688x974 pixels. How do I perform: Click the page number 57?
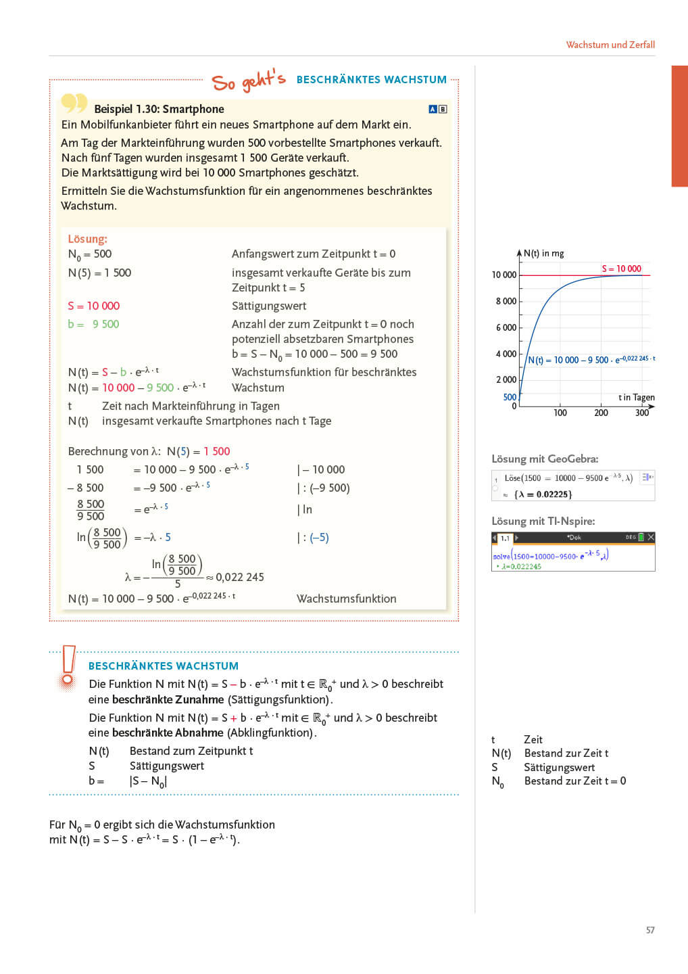tap(650, 930)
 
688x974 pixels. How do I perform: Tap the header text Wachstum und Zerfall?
tap(610, 45)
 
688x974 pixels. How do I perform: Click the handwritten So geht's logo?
tap(248, 81)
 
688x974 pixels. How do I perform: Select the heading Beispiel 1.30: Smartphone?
tap(159, 109)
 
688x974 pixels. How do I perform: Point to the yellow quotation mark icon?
tap(74, 103)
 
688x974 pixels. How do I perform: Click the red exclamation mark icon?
tap(68, 666)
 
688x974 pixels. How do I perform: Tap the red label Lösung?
tap(87, 239)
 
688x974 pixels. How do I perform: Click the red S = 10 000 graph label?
tap(621, 269)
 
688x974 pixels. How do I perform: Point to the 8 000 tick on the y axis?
tap(506, 301)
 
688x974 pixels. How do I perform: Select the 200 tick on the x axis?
tap(601, 413)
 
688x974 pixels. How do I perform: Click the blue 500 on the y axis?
tap(510, 397)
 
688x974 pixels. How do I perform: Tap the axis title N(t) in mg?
tap(543, 254)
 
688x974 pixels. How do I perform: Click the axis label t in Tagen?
tap(636, 397)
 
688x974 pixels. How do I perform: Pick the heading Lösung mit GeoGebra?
tap(545, 459)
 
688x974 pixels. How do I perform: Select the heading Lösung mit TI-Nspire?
tap(543, 521)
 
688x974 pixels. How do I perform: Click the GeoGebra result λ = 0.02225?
tap(543, 494)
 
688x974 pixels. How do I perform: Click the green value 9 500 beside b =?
tap(105, 324)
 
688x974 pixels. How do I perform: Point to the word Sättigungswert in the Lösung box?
tap(269, 306)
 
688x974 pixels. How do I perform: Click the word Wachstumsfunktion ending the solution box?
tap(346, 599)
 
